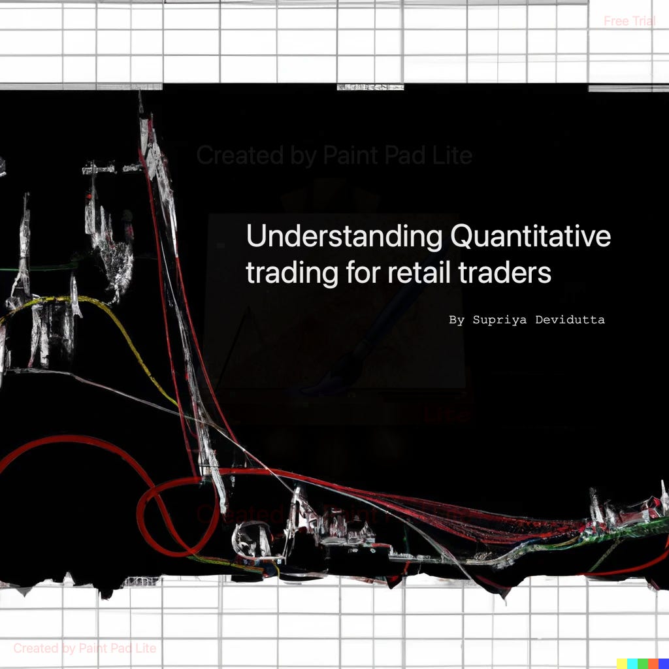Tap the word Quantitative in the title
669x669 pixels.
(530, 237)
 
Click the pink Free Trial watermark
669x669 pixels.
(629, 21)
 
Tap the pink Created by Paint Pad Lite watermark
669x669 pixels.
(85, 648)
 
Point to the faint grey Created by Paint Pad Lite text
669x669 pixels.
(334, 155)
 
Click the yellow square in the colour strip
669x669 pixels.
(622, 664)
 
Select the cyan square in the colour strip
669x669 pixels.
(632, 664)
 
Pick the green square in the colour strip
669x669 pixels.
(643, 664)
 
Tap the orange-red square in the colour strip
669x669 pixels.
(653, 664)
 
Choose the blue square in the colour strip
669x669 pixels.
(663, 664)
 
